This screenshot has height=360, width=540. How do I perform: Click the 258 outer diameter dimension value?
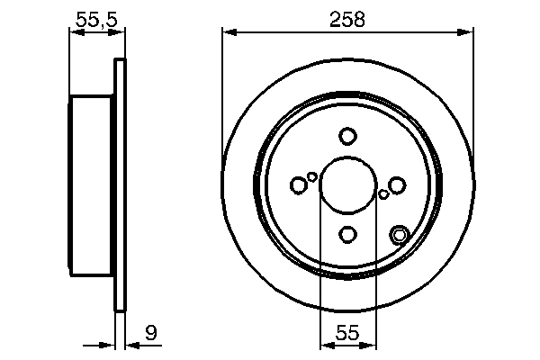(x=347, y=18)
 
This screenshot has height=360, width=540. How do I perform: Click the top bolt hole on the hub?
(x=348, y=136)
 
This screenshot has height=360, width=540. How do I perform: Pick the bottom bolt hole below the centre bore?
(x=348, y=235)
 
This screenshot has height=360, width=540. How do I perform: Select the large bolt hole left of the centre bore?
(x=299, y=185)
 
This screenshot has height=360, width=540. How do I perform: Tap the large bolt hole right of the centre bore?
(x=397, y=185)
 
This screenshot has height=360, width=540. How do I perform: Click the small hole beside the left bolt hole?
(x=312, y=176)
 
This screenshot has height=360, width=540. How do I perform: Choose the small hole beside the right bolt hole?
(x=384, y=193)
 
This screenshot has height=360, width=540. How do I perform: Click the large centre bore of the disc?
(x=348, y=185)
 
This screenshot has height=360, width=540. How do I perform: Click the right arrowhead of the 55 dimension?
(x=370, y=345)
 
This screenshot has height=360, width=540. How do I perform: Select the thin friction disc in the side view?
(x=118, y=185)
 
